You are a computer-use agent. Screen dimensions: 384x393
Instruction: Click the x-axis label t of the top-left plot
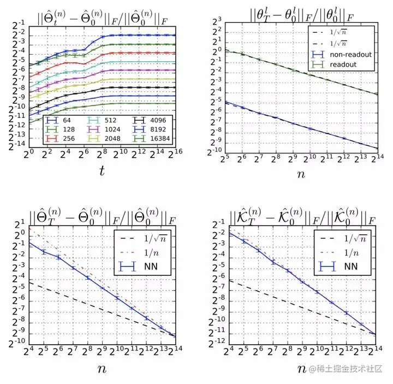point(101,171)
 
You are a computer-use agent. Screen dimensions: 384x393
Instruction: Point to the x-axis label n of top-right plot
point(302,175)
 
